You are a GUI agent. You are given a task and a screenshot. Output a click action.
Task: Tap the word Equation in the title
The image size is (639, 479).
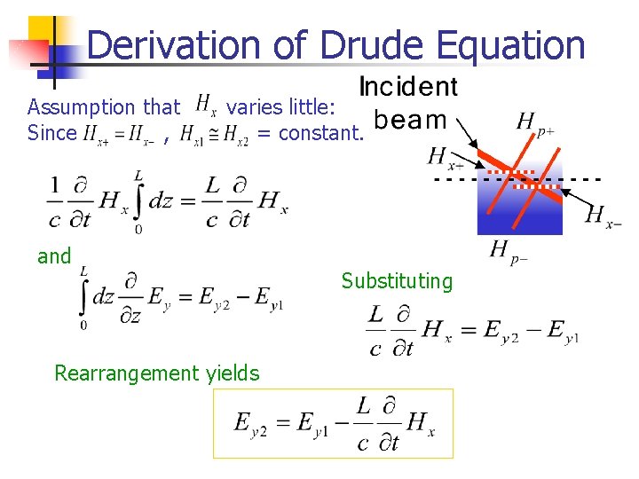click(x=517, y=44)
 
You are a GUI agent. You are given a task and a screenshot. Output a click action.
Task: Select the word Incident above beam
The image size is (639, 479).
click(x=407, y=87)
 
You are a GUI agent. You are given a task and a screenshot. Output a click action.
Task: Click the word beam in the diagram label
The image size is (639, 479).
click(x=410, y=120)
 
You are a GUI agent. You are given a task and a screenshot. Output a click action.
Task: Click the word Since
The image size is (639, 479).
click(x=52, y=134)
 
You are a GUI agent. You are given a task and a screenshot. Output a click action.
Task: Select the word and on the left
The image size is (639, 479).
click(x=54, y=256)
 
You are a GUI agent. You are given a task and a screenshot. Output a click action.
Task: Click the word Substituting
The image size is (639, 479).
click(x=397, y=281)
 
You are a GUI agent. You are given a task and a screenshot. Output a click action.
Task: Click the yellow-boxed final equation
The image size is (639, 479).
click(x=333, y=423)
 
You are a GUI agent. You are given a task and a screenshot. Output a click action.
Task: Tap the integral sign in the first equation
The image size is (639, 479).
click(x=138, y=201)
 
